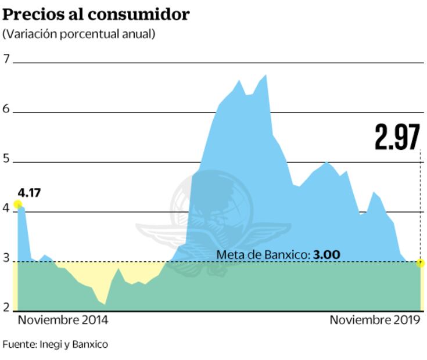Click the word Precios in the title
(28, 14)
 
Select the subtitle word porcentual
(87, 34)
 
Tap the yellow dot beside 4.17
(17, 204)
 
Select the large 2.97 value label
(397, 137)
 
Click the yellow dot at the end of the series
(421, 263)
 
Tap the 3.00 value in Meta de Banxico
(326, 254)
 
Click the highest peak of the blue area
(265, 75)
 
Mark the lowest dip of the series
(104, 304)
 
